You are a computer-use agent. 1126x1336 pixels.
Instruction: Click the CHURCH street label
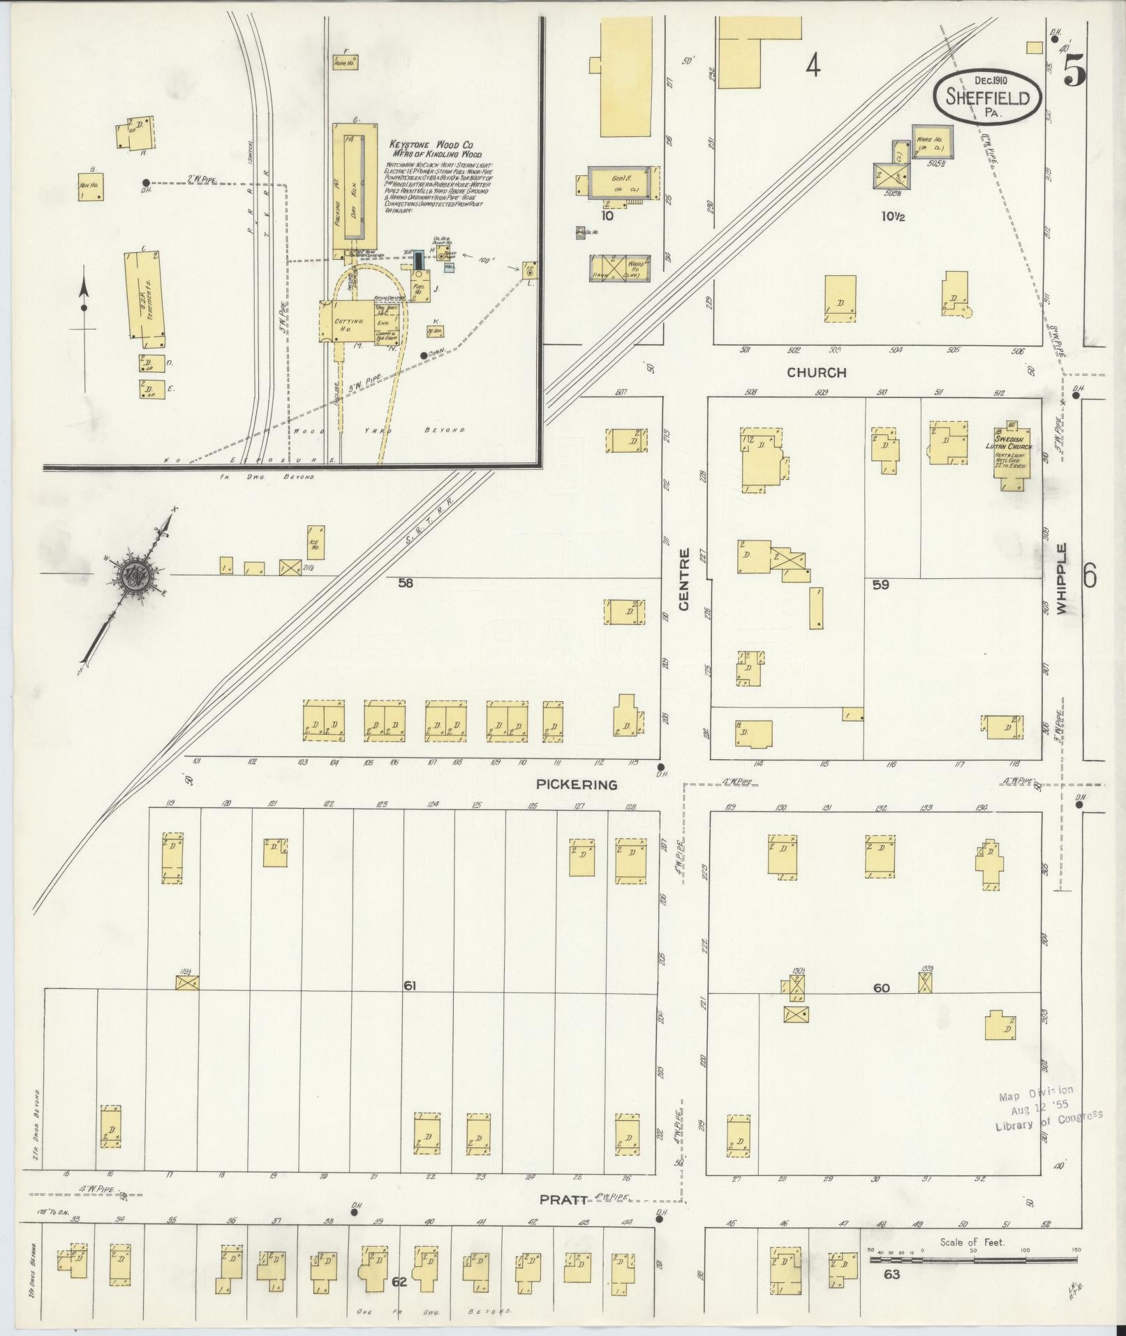(x=816, y=372)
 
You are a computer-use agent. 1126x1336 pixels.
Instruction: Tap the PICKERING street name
(x=577, y=784)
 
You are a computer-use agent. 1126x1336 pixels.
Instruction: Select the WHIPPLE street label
(x=1062, y=578)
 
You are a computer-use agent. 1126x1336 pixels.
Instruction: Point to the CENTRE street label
(x=683, y=579)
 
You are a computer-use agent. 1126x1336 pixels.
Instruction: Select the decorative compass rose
(x=131, y=577)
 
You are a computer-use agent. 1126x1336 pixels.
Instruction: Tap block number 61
(x=410, y=985)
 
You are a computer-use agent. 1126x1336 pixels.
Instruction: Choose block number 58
(x=405, y=583)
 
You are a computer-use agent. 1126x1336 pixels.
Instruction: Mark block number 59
(x=880, y=585)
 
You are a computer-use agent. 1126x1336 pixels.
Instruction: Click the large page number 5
(x=1075, y=70)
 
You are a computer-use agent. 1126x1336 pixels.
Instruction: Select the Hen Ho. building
(x=91, y=187)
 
